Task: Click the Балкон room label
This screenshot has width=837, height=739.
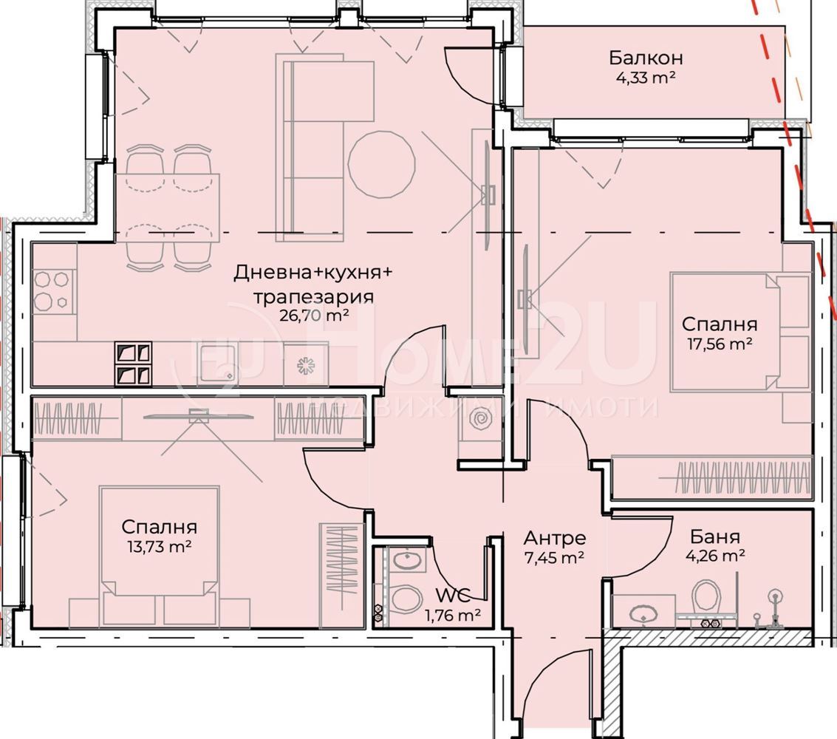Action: click(646, 57)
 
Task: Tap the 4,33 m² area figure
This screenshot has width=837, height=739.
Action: click(646, 78)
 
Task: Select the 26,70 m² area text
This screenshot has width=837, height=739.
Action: click(315, 315)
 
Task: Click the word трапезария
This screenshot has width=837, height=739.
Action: click(313, 296)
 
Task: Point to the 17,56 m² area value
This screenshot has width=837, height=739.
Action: click(720, 344)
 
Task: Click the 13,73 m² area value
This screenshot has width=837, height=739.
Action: click(159, 547)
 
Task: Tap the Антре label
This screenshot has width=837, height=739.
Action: click(555, 537)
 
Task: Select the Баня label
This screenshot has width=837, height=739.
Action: click(715, 536)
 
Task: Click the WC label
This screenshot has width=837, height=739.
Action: click(453, 595)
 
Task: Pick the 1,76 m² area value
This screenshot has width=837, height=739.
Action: click(453, 616)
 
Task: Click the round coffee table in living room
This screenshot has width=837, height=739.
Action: click(382, 165)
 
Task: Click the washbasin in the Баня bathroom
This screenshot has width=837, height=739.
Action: click(644, 613)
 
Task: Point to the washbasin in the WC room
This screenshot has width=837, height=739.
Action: click(408, 561)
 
